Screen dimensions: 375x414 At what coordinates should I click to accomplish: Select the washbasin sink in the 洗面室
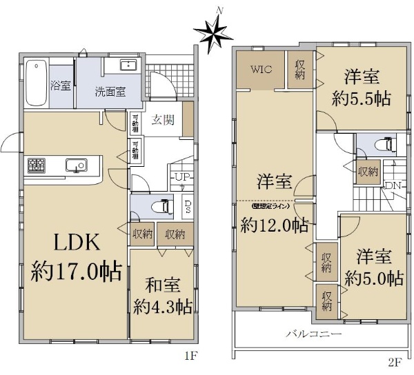129,65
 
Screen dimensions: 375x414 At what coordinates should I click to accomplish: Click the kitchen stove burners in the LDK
36,165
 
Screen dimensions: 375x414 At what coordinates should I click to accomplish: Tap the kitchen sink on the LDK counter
75,165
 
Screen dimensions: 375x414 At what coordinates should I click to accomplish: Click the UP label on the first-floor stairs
182,178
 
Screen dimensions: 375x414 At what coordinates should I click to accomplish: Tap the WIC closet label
261,70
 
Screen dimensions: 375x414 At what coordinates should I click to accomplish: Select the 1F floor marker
191,357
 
